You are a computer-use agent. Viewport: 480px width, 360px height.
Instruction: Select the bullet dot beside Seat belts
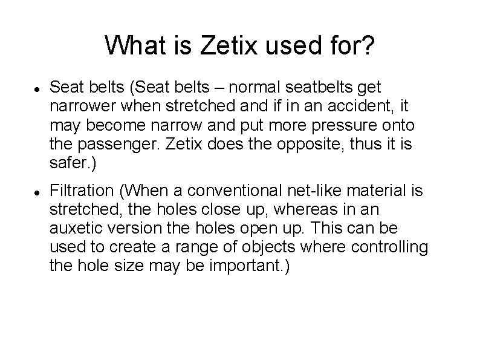tap(37, 90)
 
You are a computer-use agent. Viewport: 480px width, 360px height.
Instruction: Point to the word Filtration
tap(82, 191)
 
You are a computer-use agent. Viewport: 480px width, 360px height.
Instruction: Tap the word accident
tap(366, 106)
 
